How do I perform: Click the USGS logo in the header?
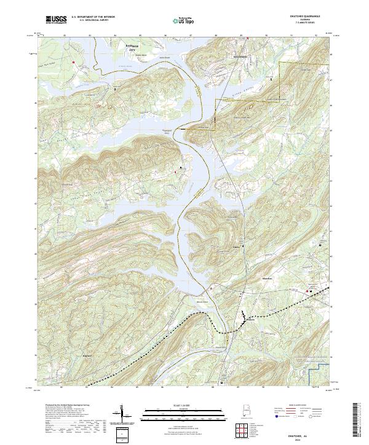pos(56,20)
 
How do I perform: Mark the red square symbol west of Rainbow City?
pos(73,62)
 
